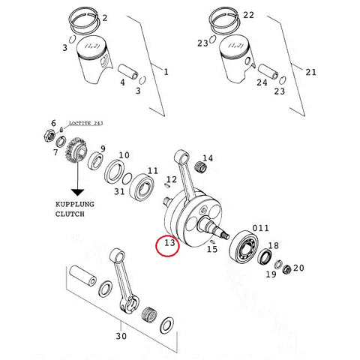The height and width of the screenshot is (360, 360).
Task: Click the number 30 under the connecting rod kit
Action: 121,336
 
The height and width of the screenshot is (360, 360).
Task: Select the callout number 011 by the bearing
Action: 259,228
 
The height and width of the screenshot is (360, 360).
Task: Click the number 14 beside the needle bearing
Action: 208,158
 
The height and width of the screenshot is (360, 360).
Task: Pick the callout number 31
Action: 120,190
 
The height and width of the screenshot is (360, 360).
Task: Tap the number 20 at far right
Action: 298,268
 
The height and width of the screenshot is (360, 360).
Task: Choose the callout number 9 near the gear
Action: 103,148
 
